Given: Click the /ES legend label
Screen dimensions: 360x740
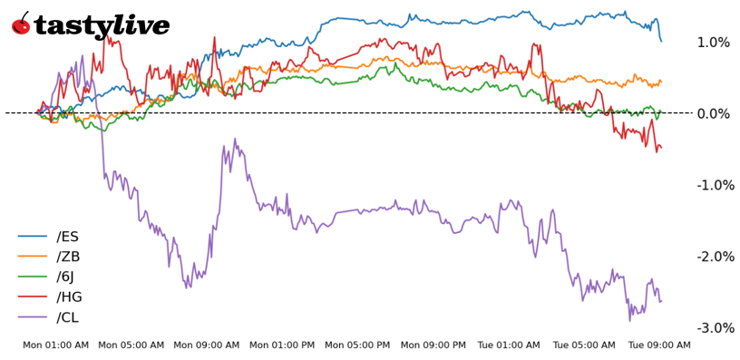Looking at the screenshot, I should coord(67,237).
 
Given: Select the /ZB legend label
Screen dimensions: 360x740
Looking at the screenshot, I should coord(68,257).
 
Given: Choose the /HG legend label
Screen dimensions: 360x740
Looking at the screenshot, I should coord(69,297).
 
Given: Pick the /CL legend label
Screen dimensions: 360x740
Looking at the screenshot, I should coord(68,316).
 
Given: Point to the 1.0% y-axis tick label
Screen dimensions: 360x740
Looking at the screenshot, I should coord(713,43).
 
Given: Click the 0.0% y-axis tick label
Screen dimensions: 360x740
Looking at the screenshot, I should coord(713,113).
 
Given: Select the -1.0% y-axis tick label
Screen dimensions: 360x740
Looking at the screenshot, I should coord(712,185).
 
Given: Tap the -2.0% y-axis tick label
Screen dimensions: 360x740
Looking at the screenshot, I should coord(712,257).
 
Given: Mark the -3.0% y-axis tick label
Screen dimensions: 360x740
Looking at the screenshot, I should coord(712,327).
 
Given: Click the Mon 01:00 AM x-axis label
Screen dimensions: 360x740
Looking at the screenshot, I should coord(55,345).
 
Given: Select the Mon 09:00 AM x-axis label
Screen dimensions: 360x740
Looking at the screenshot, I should coord(207,345).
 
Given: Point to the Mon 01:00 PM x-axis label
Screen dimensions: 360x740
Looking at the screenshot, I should coord(282,345).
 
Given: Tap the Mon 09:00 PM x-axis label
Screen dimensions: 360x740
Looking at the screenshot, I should coord(433,345).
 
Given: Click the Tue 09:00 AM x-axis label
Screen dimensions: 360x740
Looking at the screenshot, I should coord(659,345).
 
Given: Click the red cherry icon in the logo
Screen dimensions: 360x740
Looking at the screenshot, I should coord(21,24).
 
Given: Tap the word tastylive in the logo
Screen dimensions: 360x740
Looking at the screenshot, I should coord(102,26).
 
